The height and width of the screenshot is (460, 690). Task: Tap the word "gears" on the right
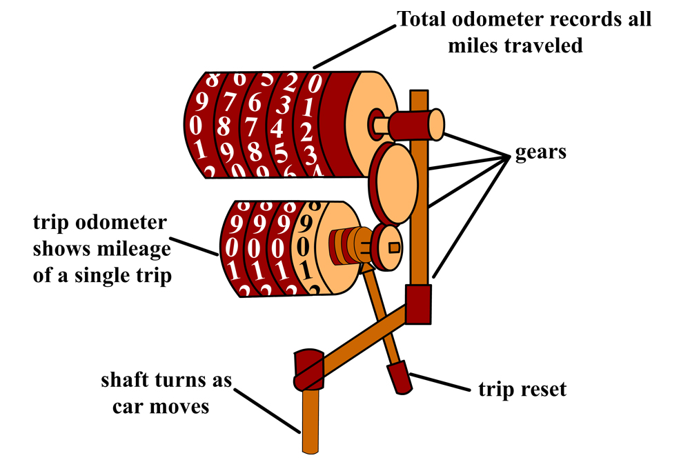(541, 152)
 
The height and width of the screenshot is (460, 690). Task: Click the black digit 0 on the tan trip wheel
(304, 245)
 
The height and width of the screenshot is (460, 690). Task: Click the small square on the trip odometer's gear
(394, 246)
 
